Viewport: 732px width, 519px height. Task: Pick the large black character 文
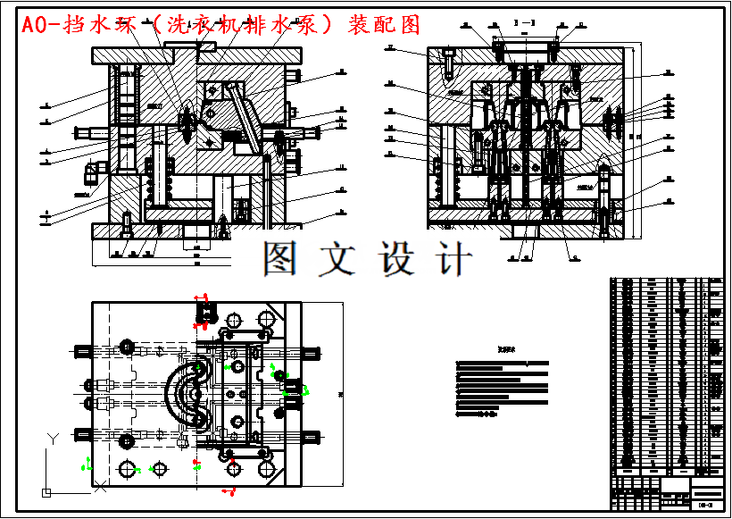point(338,258)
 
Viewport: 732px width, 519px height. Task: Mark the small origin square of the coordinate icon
point(46,491)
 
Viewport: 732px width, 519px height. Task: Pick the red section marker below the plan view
point(229,491)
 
